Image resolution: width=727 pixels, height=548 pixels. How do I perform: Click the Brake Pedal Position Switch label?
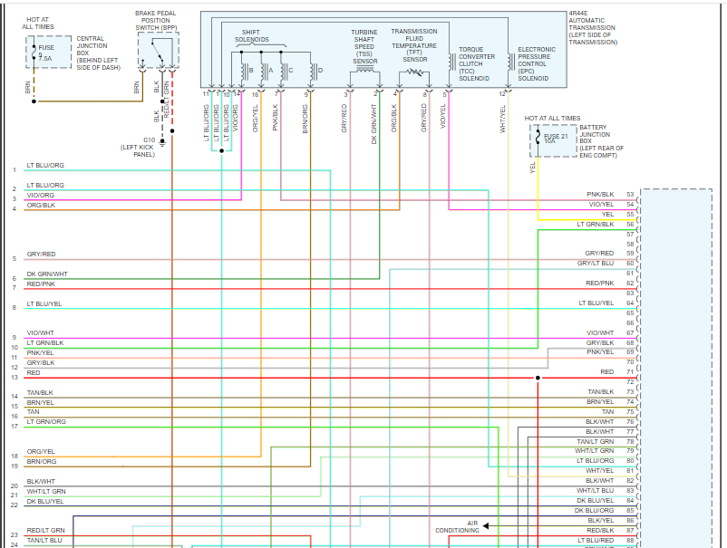point(157,21)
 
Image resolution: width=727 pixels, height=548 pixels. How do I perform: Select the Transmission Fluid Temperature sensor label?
point(414,45)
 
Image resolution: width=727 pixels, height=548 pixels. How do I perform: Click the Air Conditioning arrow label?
point(457,526)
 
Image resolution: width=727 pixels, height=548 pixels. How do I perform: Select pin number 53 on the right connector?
point(629,195)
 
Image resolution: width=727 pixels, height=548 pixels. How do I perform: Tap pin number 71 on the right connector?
point(629,371)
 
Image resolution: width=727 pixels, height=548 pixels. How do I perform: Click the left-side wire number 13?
point(15,377)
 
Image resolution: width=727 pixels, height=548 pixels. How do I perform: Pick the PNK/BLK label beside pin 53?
point(600,195)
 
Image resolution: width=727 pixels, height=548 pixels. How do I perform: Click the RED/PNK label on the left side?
point(41,284)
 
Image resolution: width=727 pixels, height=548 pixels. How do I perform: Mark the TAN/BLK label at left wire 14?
point(41,392)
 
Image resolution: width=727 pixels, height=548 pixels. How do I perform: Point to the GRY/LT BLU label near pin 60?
point(596,264)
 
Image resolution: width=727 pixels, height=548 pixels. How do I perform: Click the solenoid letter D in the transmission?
point(320,70)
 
